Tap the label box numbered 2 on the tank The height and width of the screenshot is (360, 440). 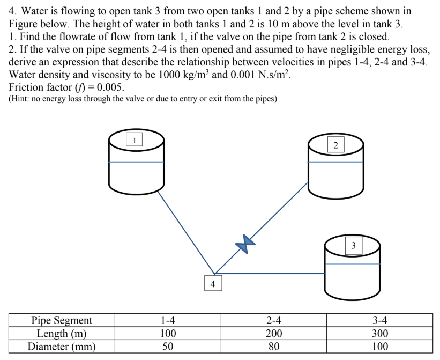pyautogui.click(x=335, y=145)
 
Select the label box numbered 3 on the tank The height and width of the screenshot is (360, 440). pyautogui.click(x=353, y=246)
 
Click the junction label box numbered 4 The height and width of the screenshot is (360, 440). pyautogui.click(x=213, y=283)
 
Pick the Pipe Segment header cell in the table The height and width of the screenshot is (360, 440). pyautogui.click(x=62, y=320)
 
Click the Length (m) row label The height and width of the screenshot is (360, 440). pyautogui.click(x=62, y=333)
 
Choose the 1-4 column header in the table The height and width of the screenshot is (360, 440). pyautogui.click(x=168, y=320)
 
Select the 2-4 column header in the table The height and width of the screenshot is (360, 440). pyautogui.click(x=274, y=320)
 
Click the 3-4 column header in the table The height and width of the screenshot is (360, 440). pyautogui.click(x=379, y=320)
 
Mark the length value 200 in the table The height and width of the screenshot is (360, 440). pyautogui.click(x=274, y=333)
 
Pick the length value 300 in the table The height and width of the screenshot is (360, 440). pyautogui.click(x=379, y=333)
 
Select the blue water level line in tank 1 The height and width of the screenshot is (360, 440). pyautogui.click(x=136, y=162)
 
